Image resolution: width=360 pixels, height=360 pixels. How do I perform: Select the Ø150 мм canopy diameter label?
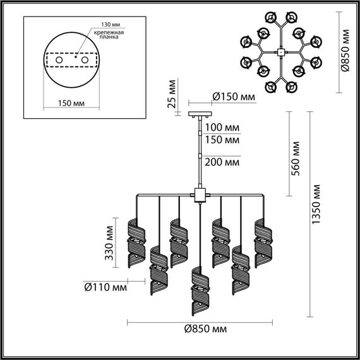coord(234,97)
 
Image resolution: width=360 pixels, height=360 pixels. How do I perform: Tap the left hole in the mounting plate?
coord(59,59)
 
